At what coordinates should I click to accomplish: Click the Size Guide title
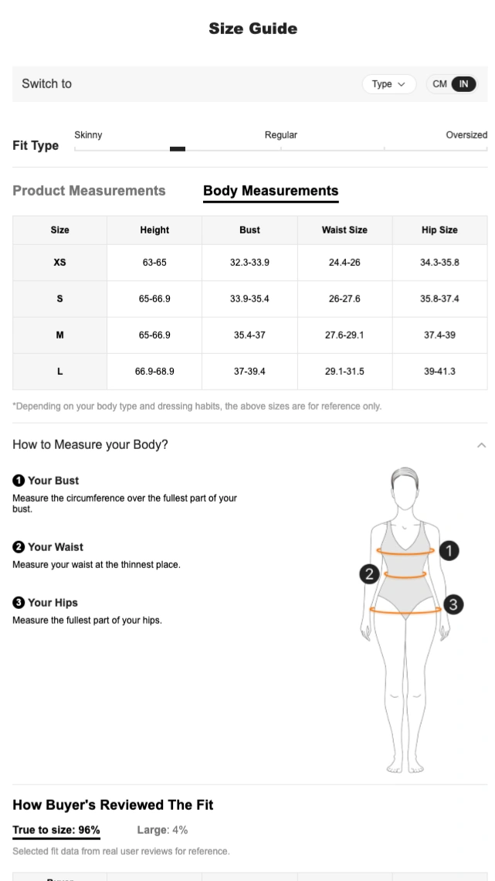(253, 29)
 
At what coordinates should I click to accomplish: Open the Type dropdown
(388, 84)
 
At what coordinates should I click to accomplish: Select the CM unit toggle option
(439, 84)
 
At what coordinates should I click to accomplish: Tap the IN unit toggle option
(464, 84)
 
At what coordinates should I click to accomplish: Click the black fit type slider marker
(178, 148)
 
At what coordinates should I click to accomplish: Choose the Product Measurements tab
(89, 191)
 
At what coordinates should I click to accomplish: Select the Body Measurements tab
(270, 191)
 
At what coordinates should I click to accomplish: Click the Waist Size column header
(344, 230)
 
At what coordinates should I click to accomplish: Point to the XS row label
(59, 262)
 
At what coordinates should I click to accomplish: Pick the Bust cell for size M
(249, 335)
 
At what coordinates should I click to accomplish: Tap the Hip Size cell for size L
(439, 372)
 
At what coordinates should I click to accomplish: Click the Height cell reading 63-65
(154, 262)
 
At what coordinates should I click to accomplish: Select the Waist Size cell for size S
(344, 298)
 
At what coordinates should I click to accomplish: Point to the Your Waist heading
(56, 547)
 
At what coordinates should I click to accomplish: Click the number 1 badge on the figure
(449, 551)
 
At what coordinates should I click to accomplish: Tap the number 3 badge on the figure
(454, 604)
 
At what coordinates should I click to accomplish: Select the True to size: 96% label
(56, 830)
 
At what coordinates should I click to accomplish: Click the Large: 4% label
(162, 830)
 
